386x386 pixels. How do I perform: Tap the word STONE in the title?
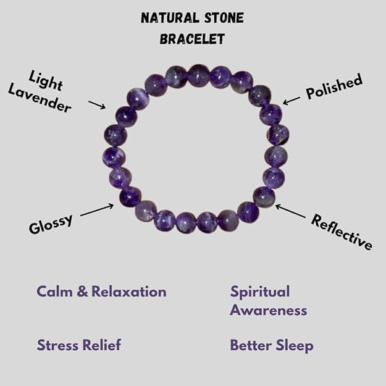224,18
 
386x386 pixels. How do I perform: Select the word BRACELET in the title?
192,39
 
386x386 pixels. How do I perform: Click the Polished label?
334,88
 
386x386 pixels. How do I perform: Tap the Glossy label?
51,223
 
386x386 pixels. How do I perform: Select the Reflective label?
342,232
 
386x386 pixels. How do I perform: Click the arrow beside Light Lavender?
96,104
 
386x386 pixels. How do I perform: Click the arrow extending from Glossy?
97,210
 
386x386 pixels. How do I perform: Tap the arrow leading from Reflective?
290,212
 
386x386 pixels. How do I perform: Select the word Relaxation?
129,292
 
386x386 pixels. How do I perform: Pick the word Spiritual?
259,292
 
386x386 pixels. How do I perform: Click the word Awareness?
268,310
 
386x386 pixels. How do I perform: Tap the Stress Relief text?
78,345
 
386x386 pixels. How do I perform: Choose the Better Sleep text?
272,345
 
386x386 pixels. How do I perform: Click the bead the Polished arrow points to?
271,112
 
